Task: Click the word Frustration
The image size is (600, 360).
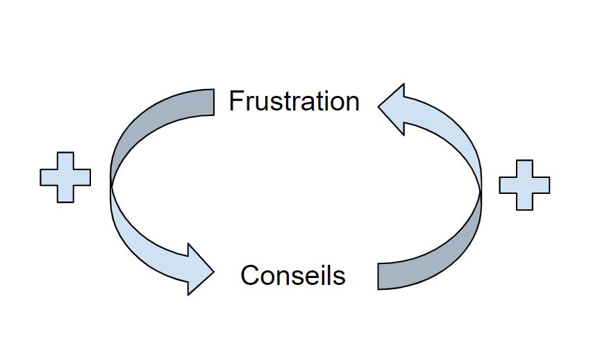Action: pyautogui.click(x=294, y=101)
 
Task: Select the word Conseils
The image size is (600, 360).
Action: pyautogui.click(x=292, y=276)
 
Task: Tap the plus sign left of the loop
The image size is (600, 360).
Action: pyautogui.click(x=65, y=177)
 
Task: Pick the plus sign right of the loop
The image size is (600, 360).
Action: pyautogui.click(x=524, y=185)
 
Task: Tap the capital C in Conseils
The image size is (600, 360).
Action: pyautogui.click(x=249, y=276)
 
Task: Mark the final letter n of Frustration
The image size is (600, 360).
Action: pyautogui.click(x=352, y=104)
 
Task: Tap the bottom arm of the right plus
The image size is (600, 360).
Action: pyautogui.click(x=524, y=201)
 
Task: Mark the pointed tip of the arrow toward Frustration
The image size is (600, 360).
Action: pyautogui.click(x=378, y=106)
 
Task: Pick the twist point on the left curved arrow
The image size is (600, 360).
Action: pyautogui.click(x=111, y=186)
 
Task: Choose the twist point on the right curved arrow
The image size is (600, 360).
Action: pyautogui.click(x=481, y=188)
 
